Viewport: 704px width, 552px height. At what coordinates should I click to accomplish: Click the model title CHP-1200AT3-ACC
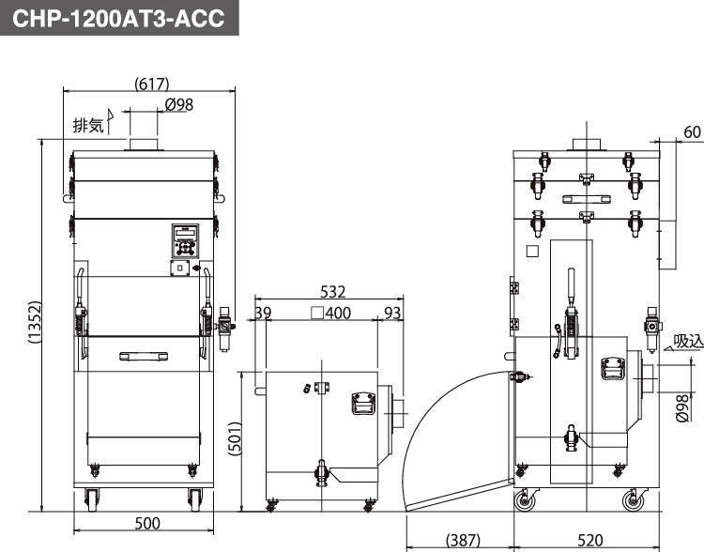click(x=118, y=18)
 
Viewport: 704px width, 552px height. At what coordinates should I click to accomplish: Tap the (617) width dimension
click(x=152, y=84)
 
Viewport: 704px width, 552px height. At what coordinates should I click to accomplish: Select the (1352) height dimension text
click(x=35, y=322)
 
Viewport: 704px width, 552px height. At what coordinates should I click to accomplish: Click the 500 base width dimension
click(x=147, y=523)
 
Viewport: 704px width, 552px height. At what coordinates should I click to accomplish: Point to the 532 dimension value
click(x=332, y=292)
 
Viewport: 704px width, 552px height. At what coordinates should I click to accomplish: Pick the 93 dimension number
click(x=392, y=313)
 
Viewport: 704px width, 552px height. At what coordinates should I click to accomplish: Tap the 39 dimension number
click(x=263, y=313)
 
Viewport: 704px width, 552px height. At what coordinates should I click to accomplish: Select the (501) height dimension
click(x=236, y=438)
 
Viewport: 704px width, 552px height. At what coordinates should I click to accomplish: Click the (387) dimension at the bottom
click(x=463, y=540)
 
